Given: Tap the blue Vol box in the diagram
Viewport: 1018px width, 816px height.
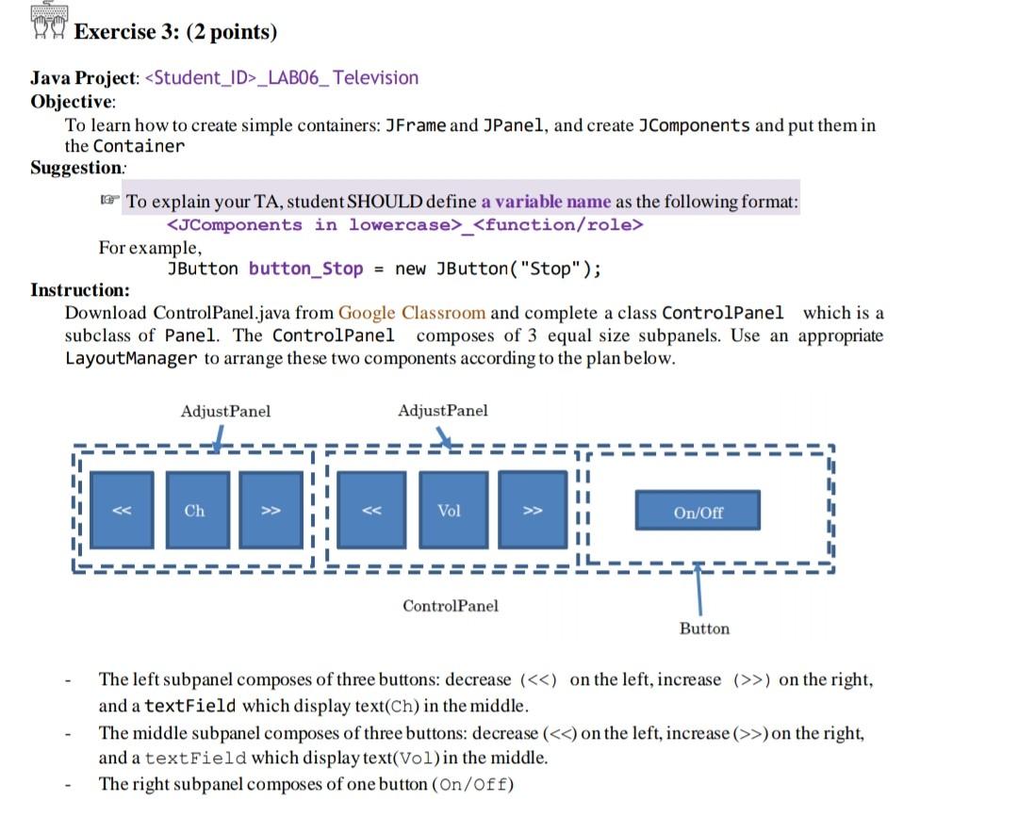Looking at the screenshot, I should point(450,510).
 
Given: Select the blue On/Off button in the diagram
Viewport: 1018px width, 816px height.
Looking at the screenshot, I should point(698,512).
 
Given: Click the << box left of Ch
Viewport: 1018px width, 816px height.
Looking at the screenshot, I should point(122,510).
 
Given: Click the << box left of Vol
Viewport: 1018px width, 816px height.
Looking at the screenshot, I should point(372,510).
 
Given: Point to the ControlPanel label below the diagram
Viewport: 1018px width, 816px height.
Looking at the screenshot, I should point(451,606).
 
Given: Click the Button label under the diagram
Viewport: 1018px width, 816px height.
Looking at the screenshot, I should point(704,628).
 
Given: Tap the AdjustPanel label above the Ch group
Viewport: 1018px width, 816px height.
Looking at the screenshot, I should point(225,411).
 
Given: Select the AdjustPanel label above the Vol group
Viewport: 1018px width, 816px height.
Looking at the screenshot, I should point(443,410).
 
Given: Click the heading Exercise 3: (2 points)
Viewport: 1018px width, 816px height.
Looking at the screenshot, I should point(175,32).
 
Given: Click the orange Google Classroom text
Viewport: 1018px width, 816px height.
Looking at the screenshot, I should point(412,313).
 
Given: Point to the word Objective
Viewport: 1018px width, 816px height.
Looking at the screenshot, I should point(73,101).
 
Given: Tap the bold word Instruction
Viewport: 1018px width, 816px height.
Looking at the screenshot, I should point(80,289).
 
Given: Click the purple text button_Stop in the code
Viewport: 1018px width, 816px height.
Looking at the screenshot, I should point(305,269).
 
